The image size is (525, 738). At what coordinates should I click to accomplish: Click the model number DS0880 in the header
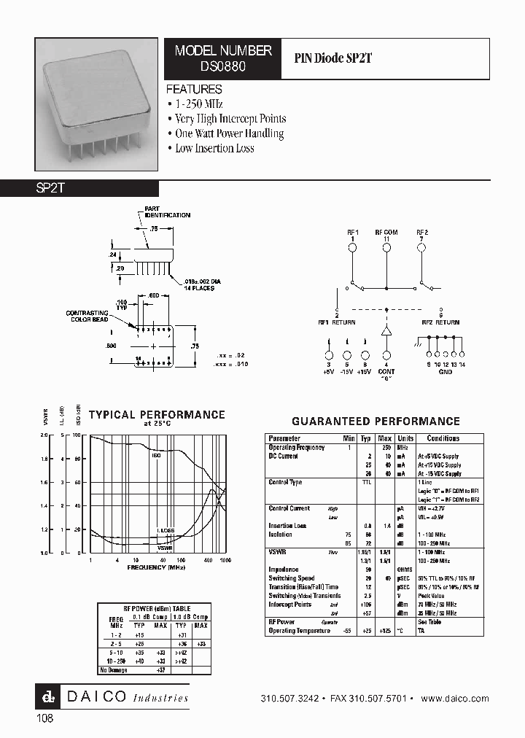[x=223, y=65]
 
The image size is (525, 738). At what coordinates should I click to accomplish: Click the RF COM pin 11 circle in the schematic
[x=386, y=248]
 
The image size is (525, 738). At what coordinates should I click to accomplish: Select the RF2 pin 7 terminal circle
[x=421, y=248]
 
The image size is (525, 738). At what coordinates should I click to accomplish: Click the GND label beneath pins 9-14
[x=445, y=371]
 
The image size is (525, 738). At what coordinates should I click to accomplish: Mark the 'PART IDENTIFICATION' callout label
[x=167, y=212]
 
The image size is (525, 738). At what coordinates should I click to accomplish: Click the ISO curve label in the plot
[x=156, y=455]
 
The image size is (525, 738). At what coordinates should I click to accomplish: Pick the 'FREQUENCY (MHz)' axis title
[x=157, y=567]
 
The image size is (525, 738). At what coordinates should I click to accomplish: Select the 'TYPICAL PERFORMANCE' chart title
[x=157, y=414]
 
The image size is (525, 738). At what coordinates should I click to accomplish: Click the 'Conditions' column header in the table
[x=443, y=438]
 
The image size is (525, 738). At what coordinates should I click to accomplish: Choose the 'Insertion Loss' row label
[x=287, y=525]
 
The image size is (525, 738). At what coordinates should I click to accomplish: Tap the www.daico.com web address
[x=455, y=698]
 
